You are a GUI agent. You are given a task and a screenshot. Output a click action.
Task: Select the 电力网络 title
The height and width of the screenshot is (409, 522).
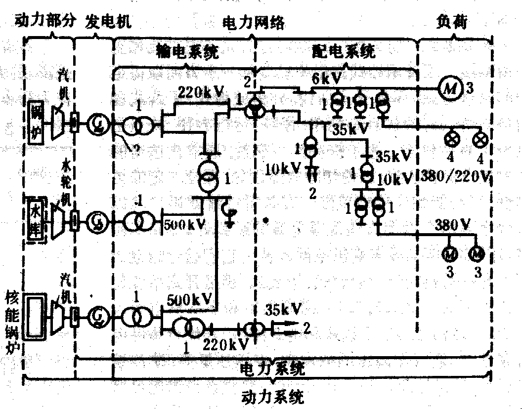pyautogui.click(x=254, y=23)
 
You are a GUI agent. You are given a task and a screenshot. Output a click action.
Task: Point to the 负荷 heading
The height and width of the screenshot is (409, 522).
pyautogui.click(x=452, y=22)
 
